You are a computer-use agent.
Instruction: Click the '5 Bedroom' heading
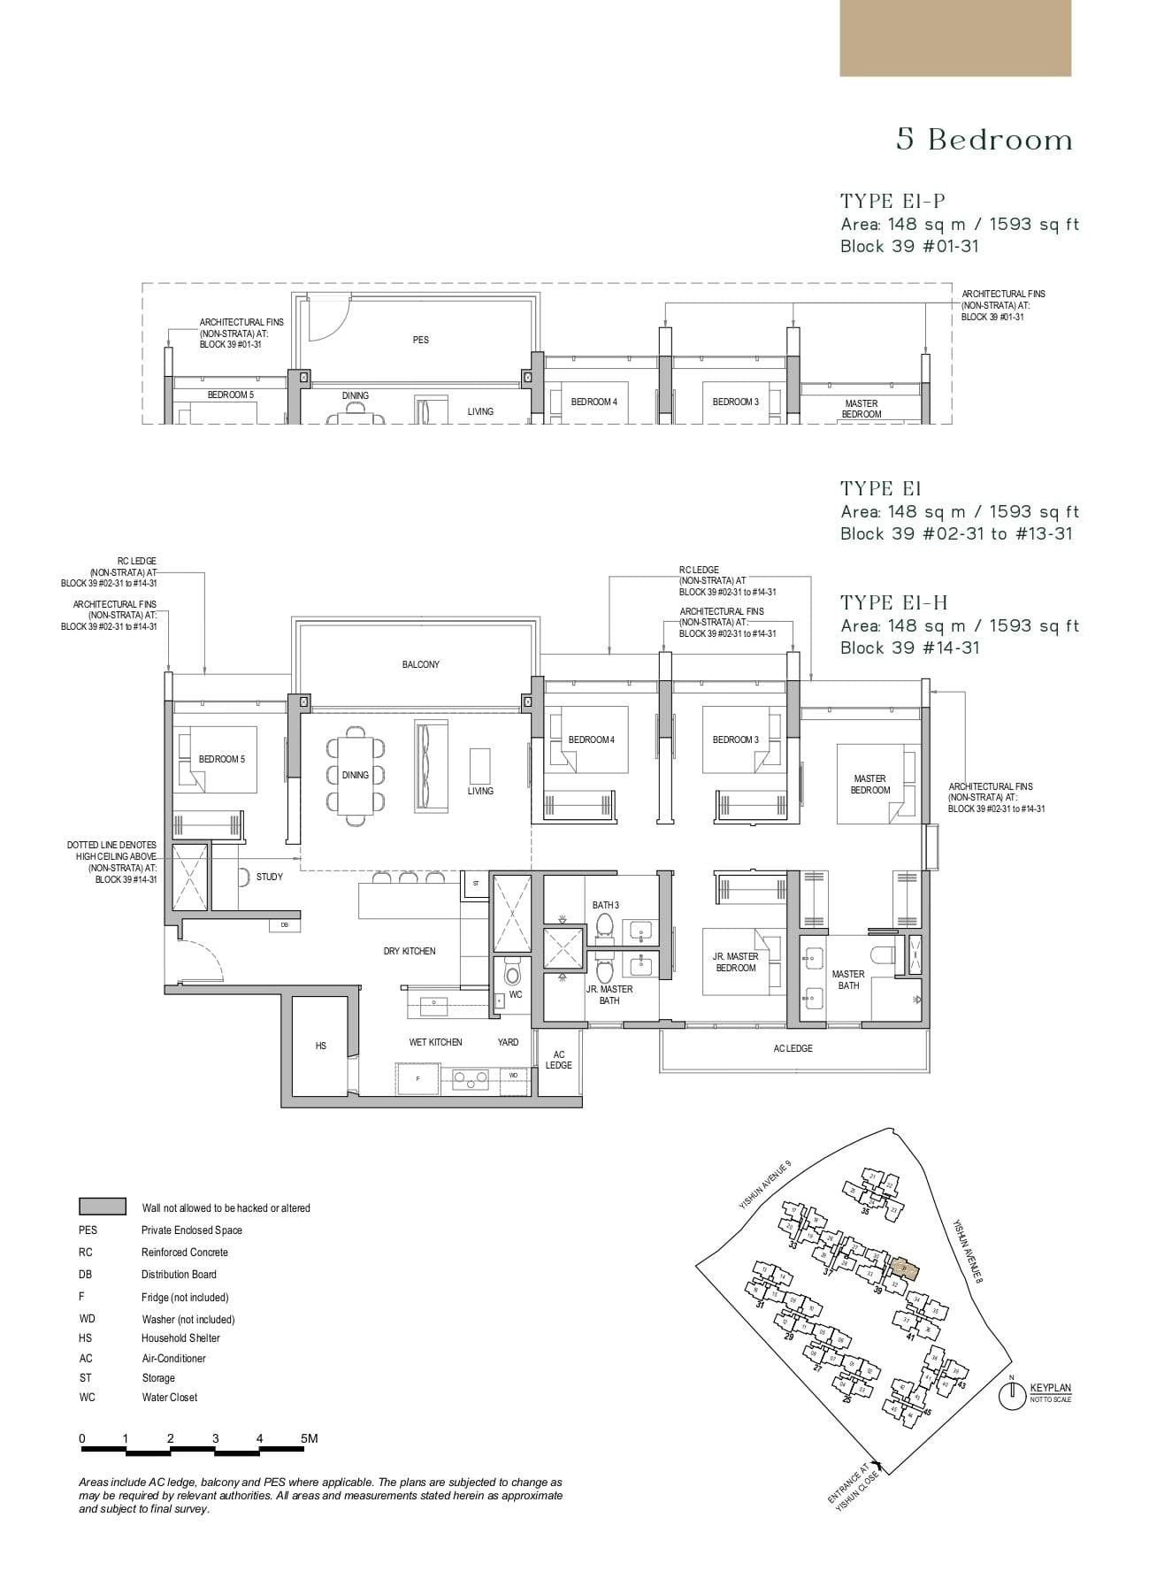(x=984, y=140)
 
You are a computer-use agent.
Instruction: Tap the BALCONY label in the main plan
(x=420, y=664)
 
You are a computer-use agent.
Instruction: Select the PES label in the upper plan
(x=420, y=340)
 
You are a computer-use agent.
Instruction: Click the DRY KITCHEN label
(x=409, y=951)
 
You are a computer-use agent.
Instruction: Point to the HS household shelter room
(x=321, y=1046)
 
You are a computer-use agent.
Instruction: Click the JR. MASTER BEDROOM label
(x=735, y=962)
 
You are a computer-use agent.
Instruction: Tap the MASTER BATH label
(x=847, y=979)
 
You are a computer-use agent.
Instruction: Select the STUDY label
(x=269, y=877)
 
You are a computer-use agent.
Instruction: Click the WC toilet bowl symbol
(x=512, y=974)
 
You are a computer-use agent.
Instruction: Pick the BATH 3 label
(x=605, y=905)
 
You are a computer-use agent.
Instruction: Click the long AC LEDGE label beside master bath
(x=793, y=1048)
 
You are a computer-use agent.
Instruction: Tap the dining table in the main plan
(x=356, y=776)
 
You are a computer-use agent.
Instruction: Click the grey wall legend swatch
(x=102, y=1207)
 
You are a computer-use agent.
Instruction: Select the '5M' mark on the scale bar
(x=309, y=1438)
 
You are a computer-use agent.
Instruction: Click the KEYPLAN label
(x=1050, y=1388)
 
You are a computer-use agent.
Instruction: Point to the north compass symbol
(x=1010, y=1395)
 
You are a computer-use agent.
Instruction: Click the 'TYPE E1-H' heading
(x=893, y=602)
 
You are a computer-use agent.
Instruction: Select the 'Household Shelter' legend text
(x=180, y=1338)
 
